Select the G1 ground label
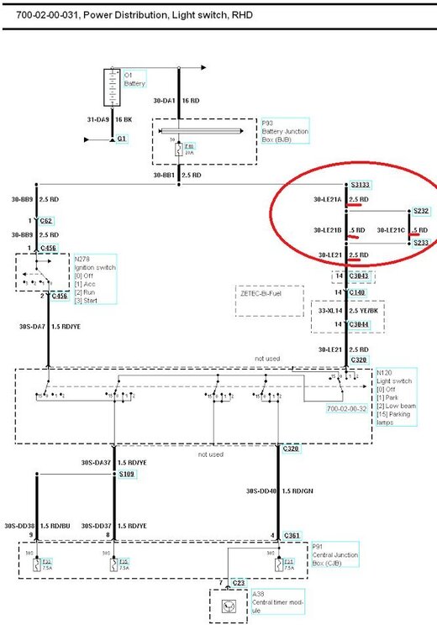(x=123, y=138)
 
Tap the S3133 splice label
(x=360, y=184)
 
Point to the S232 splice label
(x=419, y=211)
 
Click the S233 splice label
(x=419, y=242)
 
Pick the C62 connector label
(x=47, y=221)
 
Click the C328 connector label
(x=360, y=360)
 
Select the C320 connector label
(x=291, y=449)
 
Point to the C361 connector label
(x=291, y=534)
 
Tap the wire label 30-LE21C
(x=392, y=229)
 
